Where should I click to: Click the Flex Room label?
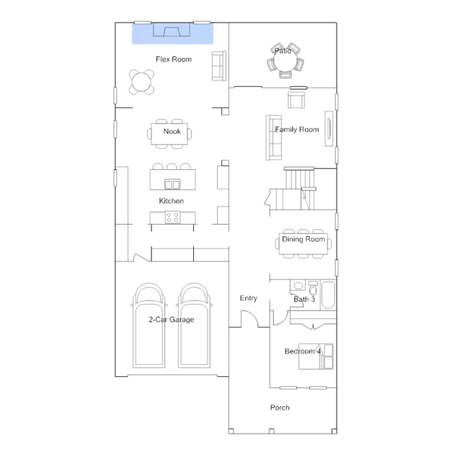(x=173, y=59)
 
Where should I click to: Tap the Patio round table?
(x=285, y=61)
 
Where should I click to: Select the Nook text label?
(x=172, y=132)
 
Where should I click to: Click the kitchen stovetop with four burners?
(x=173, y=217)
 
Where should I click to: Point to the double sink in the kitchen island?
(x=172, y=184)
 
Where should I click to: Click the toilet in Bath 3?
(x=313, y=288)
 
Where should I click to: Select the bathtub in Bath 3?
(x=328, y=295)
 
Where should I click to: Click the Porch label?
(x=279, y=407)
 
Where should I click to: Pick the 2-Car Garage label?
(x=171, y=320)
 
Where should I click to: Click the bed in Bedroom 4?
(x=316, y=357)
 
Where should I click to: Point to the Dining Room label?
(x=303, y=239)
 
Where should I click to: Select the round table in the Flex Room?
(x=141, y=82)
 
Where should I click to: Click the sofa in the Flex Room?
(x=219, y=66)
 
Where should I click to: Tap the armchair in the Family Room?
(x=296, y=100)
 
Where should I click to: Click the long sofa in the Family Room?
(x=274, y=137)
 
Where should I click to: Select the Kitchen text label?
(x=171, y=201)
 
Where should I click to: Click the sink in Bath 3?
(x=298, y=286)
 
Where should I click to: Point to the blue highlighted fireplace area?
(x=173, y=34)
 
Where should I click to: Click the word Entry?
(x=248, y=299)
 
